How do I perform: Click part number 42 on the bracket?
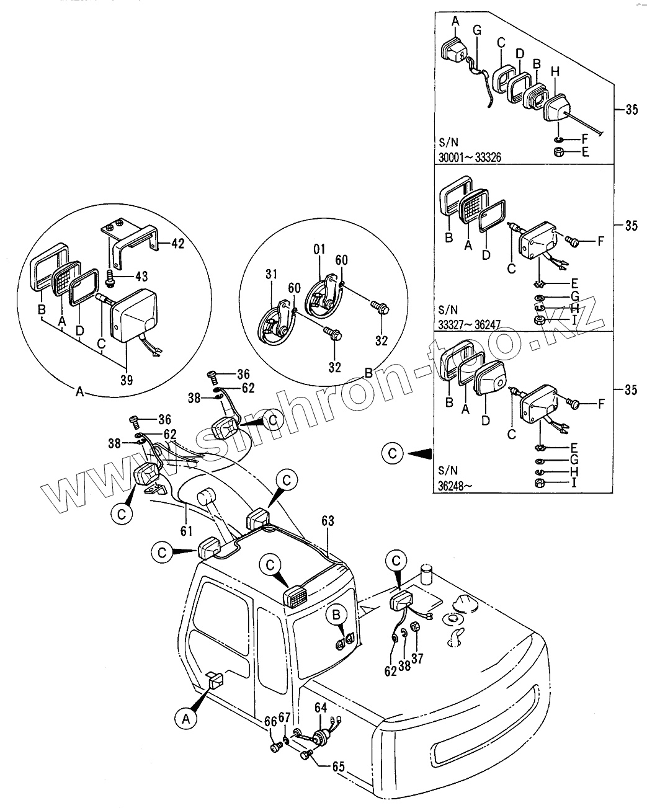pyautogui.click(x=177, y=244)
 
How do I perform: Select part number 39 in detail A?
pyautogui.click(x=126, y=380)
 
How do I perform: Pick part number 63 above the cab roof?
pyautogui.click(x=327, y=522)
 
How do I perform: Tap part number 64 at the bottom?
pyautogui.click(x=321, y=707)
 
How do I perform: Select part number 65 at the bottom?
pyautogui.click(x=338, y=766)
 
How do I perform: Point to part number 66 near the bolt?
pyautogui.click(x=270, y=721)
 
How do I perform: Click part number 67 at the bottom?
pyautogui.click(x=285, y=717)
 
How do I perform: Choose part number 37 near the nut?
pyautogui.click(x=417, y=659)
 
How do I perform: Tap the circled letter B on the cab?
pyautogui.click(x=337, y=615)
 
